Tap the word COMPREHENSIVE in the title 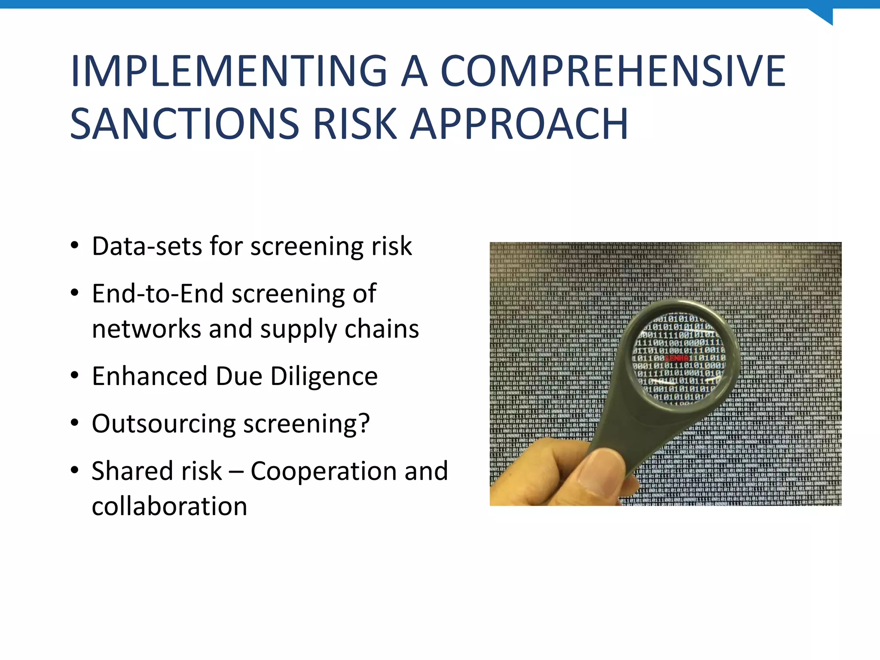(614, 71)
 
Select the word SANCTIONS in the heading (184, 124)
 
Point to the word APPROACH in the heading (519, 124)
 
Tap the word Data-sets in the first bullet (147, 246)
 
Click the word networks (146, 329)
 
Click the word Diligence (324, 376)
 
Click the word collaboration (169, 506)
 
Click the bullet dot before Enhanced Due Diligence (75, 376)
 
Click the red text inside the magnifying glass (677, 358)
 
